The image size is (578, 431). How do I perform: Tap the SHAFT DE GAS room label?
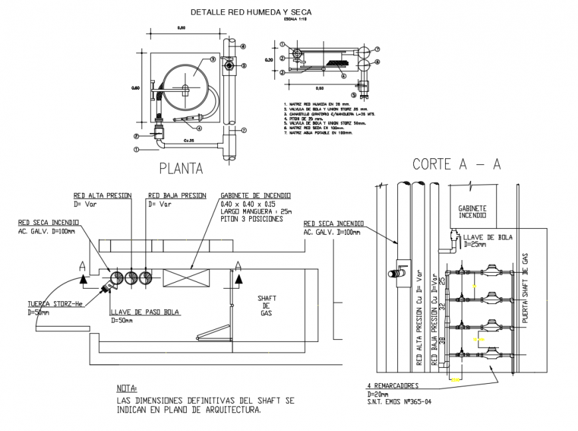pos(266,305)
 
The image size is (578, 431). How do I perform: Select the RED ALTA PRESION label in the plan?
pos(102,196)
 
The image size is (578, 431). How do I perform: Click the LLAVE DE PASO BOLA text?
pos(145,312)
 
